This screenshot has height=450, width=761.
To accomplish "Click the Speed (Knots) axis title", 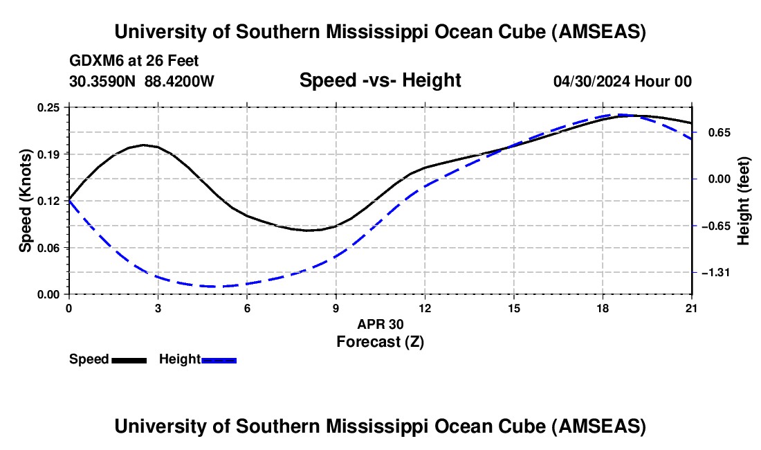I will (x=26, y=201).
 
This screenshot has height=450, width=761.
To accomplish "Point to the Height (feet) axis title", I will (x=744, y=201).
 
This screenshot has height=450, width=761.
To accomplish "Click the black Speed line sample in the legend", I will (x=129, y=360).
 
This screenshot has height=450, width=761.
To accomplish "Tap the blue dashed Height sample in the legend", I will (x=219, y=360).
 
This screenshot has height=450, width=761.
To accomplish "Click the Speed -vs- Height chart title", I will (x=380, y=80).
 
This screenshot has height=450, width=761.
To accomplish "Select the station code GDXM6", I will (x=93, y=61).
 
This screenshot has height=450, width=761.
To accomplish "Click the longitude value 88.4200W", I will (x=179, y=81).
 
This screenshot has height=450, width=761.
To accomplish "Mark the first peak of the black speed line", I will (x=143, y=145).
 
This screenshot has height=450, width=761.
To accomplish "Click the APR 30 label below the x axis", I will (x=380, y=324).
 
